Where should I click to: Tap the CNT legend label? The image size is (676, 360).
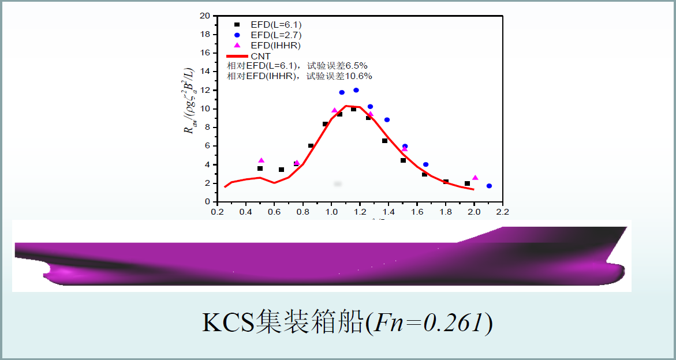[260, 55]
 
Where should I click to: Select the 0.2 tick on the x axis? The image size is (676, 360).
[217, 212]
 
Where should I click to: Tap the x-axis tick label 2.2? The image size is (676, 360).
[502, 212]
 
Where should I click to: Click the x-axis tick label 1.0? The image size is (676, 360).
[331, 212]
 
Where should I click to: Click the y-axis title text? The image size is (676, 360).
[189, 102]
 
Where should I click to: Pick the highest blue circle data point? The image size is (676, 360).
[356, 90]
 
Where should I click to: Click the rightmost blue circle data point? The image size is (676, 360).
[489, 186]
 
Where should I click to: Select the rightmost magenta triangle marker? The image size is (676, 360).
[475, 178]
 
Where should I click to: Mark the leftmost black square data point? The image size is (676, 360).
[260, 168]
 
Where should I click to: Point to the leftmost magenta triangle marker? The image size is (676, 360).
[261, 160]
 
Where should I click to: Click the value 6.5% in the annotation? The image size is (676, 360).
[356, 66]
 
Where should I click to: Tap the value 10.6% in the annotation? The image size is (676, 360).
[358, 76]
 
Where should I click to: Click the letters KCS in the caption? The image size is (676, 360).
[229, 324]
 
